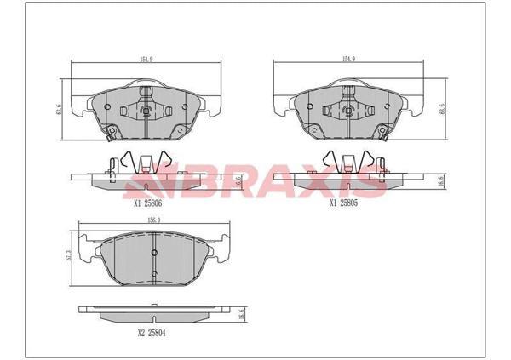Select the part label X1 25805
(x=345, y=204)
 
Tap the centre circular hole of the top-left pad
(x=146, y=111)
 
